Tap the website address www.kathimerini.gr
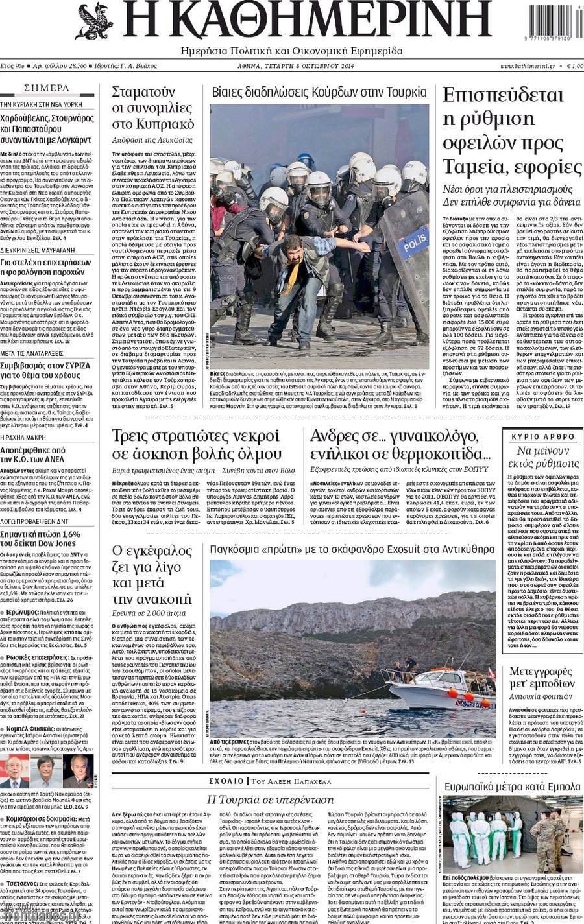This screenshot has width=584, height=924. click(x=527, y=66)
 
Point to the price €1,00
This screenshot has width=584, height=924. click(x=575, y=66)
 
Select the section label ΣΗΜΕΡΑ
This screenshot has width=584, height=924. click(x=47, y=88)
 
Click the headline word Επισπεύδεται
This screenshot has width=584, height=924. click(x=502, y=95)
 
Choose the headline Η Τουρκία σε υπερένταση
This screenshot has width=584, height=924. click(x=269, y=800)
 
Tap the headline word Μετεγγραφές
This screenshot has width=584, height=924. click(x=540, y=671)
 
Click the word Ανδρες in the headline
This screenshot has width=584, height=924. click(x=334, y=436)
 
